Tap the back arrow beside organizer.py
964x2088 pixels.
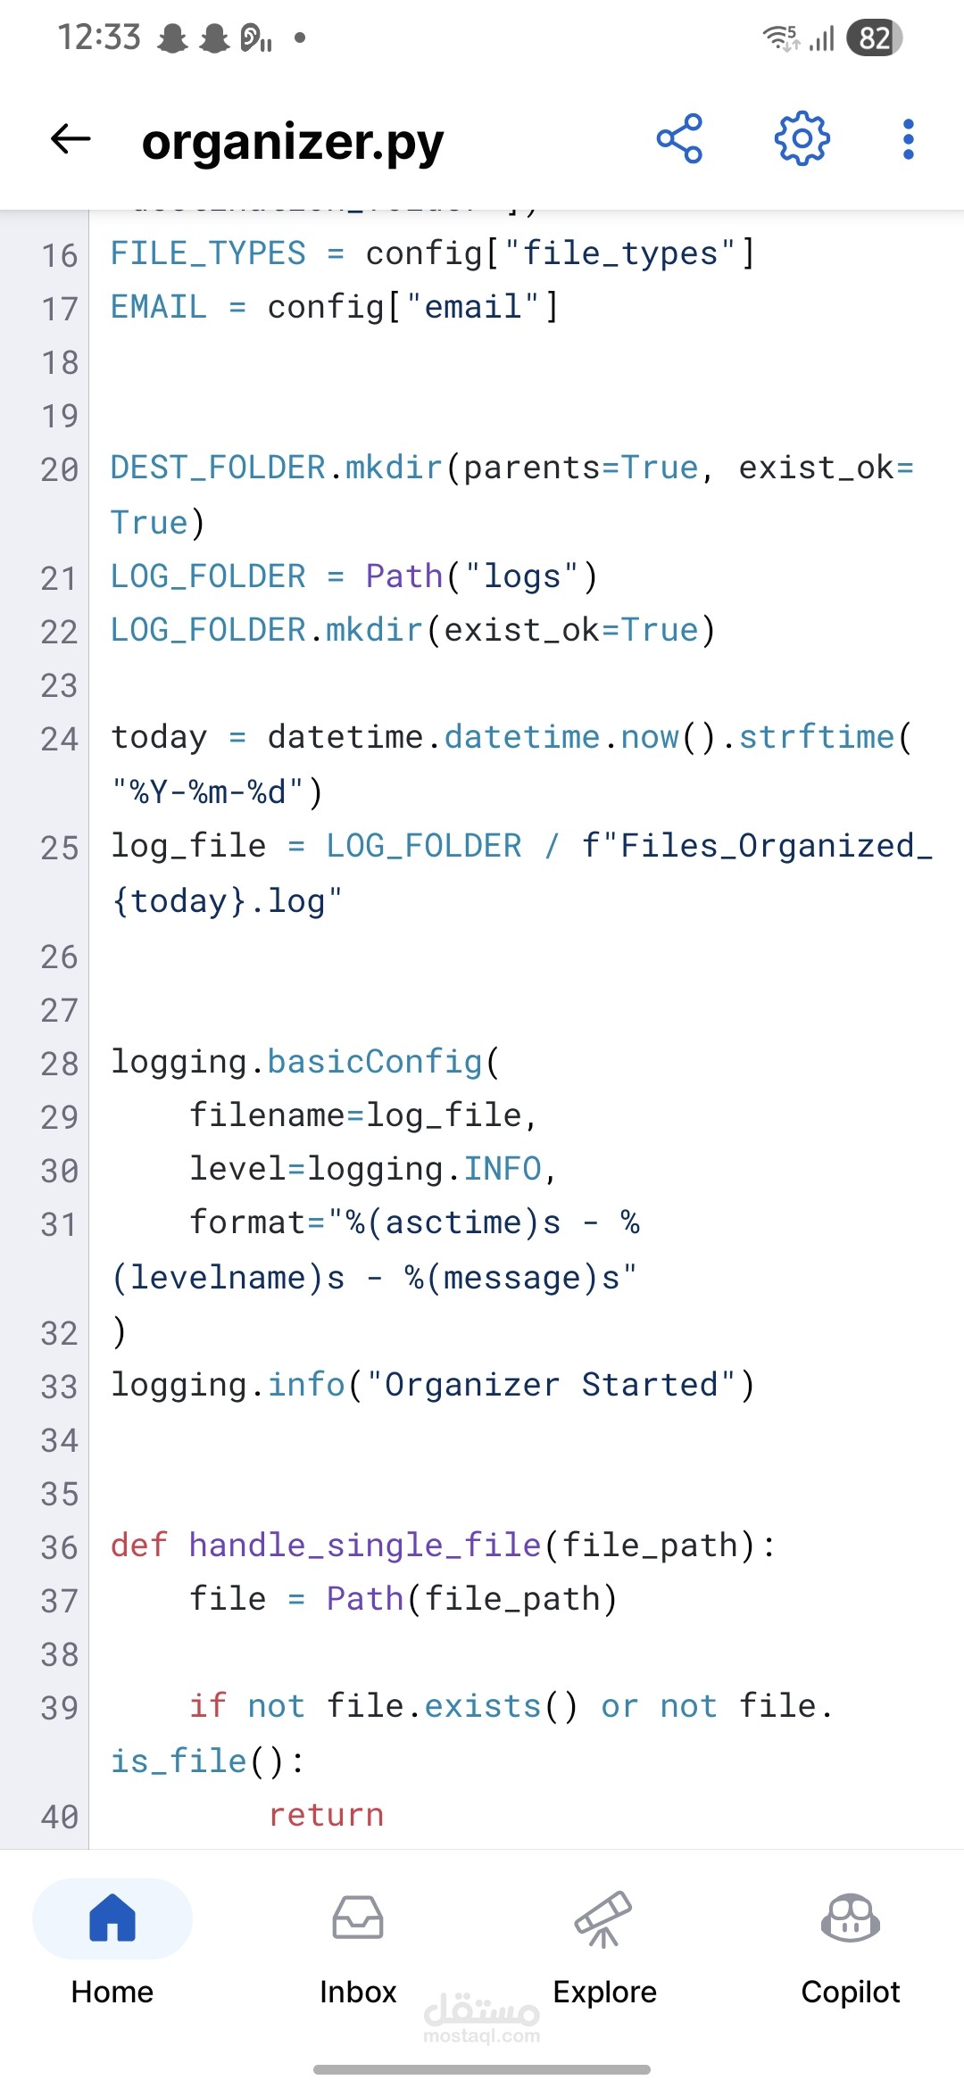point(71,139)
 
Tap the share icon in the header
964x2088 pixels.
point(679,139)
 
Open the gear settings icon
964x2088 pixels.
point(802,138)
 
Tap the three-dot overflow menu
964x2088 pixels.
point(909,139)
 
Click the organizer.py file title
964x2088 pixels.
point(293,142)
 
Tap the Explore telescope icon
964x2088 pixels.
point(604,1918)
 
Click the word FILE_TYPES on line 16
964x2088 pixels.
point(208,253)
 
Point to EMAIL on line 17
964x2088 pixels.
point(159,307)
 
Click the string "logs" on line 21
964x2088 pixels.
point(522,576)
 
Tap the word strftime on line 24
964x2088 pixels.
point(817,737)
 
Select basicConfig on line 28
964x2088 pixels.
point(375,1062)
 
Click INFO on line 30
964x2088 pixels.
point(503,1169)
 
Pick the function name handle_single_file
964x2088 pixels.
point(365,1545)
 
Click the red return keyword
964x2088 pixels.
point(326,1815)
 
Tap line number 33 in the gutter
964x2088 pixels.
point(60,1387)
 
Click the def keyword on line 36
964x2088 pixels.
point(139,1545)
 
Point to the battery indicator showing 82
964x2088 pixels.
point(875,37)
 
